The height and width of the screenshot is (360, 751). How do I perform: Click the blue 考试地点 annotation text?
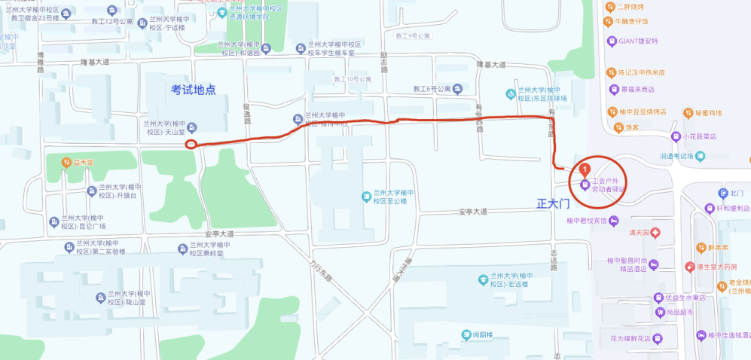point(194,90)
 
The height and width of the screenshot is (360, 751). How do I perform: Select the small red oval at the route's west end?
point(191,144)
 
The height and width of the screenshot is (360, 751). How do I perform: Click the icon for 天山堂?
point(191,127)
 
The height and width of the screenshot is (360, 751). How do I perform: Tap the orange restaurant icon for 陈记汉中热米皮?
point(611,73)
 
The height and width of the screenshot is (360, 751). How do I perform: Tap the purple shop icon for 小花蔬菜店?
point(676,137)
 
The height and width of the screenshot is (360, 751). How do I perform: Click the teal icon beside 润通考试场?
point(701,156)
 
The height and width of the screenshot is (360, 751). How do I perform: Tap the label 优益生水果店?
point(685,297)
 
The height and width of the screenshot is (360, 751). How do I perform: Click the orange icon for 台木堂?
point(66,162)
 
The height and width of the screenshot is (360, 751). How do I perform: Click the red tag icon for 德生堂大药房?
point(689,267)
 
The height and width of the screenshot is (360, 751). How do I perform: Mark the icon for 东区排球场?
point(511,94)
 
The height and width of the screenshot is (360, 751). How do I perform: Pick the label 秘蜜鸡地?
point(709,113)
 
